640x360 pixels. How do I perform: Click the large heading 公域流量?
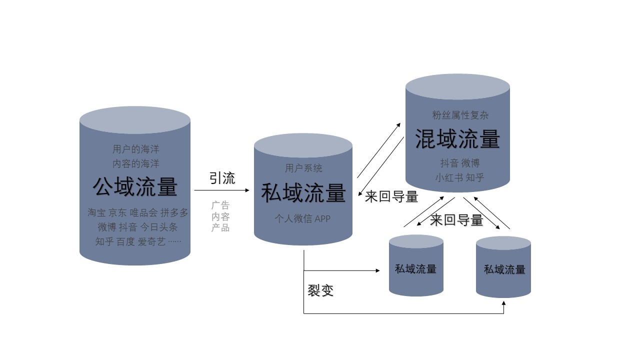pyautogui.click(x=135, y=187)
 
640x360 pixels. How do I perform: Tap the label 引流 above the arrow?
pyautogui.click(x=222, y=178)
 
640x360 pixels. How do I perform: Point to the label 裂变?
pyautogui.click(x=320, y=290)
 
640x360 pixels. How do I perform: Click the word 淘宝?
pyautogui.click(x=97, y=212)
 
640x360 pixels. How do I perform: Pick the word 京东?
pyautogui.click(x=118, y=212)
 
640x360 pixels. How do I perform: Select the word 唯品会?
pyautogui.click(x=143, y=212)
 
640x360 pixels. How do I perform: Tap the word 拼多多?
pyautogui.click(x=174, y=212)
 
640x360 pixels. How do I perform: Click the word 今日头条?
pyautogui.click(x=158, y=227)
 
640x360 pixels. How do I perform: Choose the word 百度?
pyautogui.click(x=125, y=242)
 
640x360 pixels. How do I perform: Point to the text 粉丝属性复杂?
pyautogui.click(x=460, y=115)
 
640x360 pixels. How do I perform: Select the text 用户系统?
pyautogui.click(x=303, y=168)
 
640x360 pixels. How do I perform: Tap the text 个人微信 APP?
pyautogui.click(x=302, y=219)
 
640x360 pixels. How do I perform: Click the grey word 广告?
pyautogui.click(x=220, y=205)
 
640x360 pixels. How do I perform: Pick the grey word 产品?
pyautogui.click(x=220, y=228)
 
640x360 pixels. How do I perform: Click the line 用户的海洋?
pyautogui.click(x=135, y=149)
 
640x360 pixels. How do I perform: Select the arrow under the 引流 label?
pyautogui.click(x=221, y=190)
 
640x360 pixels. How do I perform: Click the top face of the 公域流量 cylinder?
pyautogui.click(x=135, y=120)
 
